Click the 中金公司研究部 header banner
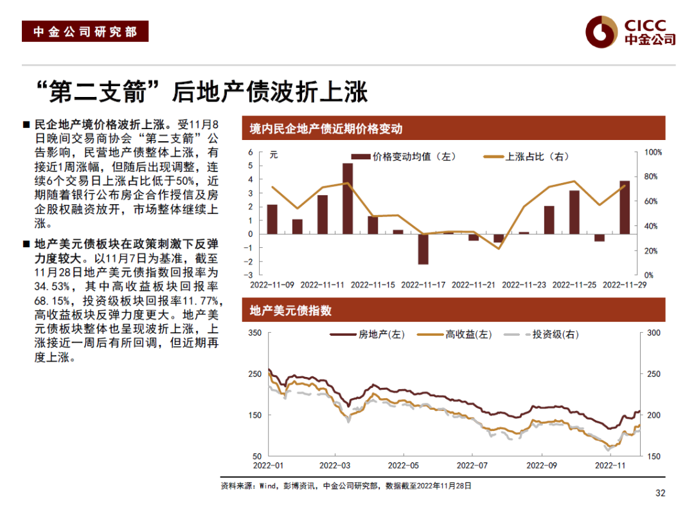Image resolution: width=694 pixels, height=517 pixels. click(x=85, y=31)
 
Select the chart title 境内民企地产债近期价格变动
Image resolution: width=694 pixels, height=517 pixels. click(x=326, y=128)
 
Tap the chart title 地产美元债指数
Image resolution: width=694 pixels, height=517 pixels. click(x=290, y=311)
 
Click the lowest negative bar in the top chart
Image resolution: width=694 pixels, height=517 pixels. click(x=423, y=249)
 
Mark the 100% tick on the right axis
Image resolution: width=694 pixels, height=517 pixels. click(x=653, y=152)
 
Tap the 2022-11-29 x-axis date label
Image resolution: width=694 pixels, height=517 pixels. click(x=624, y=284)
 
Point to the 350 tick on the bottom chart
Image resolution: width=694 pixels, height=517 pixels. click(x=254, y=333)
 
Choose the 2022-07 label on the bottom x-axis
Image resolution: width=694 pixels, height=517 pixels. click(x=473, y=464)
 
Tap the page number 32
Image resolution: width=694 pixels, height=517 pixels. click(x=660, y=493)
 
